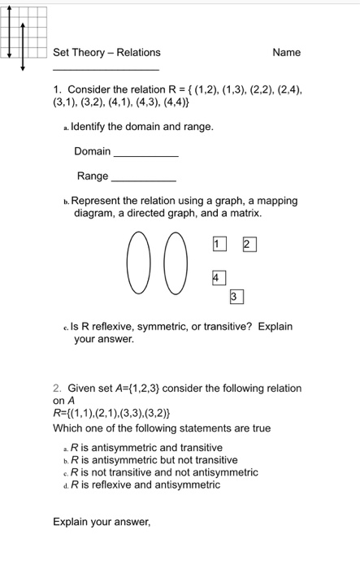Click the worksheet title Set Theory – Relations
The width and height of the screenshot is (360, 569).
click(x=106, y=53)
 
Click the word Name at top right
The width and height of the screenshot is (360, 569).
click(x=286, y=53)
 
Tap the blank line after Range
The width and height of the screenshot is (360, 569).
click(x=142, y=179)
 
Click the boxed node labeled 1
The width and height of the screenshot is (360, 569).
click(x=217, y=243)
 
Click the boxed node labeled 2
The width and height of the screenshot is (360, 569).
click(x=248, y=244)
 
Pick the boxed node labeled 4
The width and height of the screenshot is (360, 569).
click(x=217, y=277)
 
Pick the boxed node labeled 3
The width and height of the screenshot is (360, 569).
click(x=234, y=298)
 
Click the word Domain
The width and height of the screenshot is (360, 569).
click(x=92, y=152)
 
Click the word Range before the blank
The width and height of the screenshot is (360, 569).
click(x=92, y=176)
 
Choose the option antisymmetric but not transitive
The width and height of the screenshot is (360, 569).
click(x=158, y=460)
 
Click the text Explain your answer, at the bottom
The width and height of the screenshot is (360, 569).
click(x=102, y=522)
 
